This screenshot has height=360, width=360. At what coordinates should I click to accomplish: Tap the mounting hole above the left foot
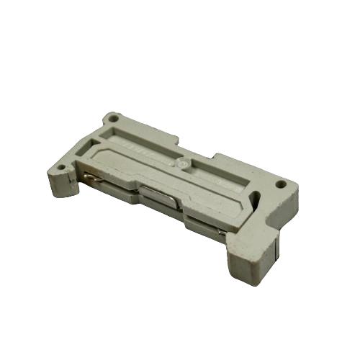62,169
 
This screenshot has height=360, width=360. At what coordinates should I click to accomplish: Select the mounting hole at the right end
280,184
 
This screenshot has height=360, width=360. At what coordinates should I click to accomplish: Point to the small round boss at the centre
185,165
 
